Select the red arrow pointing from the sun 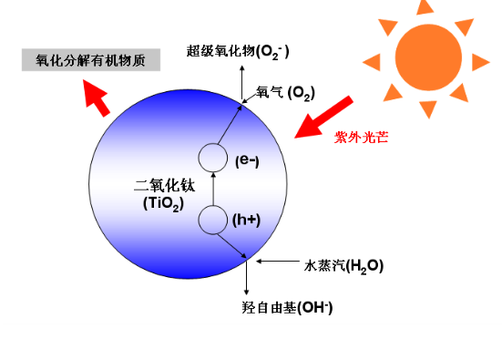pyautogui.click(x=323, y=117)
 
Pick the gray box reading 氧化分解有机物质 pyautogui.click(x=90, y=60)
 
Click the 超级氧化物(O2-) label pyautogui.click(x=238, y=51)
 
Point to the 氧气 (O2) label pyautogui.click(x=285, y=94)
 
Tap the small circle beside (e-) pyautogui.click(x=212, y=159)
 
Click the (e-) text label pyautogui.click(x=247, y=160)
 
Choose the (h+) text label pyautogui.click(x=247, y=220)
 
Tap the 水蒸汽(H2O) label pyautogui.click(x=343, y=265)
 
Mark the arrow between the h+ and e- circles pyautogui.click(x=212, y=190)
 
